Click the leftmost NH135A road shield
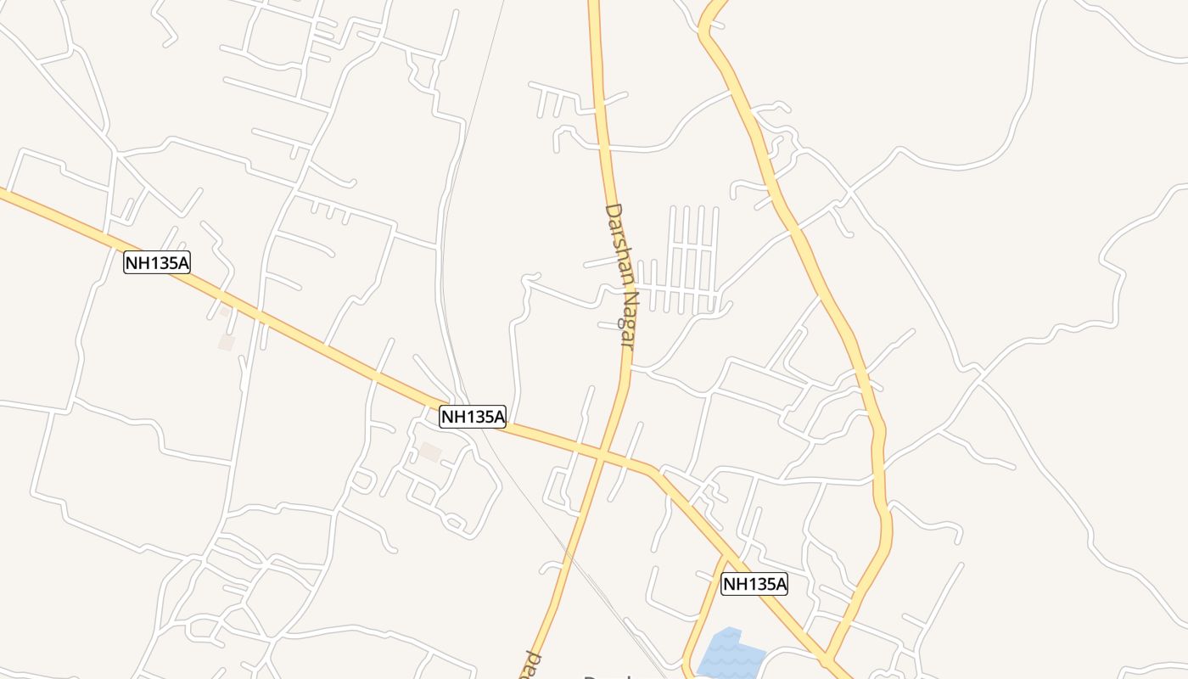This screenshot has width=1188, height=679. tap(157, 262)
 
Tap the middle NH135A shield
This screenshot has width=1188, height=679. tap(473, 416)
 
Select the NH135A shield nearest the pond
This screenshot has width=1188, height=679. tap(754, 583)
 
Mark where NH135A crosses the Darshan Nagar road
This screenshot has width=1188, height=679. tap(602, 456)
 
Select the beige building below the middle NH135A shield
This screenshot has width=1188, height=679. tap(431, 452)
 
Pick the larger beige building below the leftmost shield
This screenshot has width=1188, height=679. tap(227, 341)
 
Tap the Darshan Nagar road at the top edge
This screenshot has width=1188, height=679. tap(594, 4)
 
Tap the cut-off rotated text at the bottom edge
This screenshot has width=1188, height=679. tap(533, 667)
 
